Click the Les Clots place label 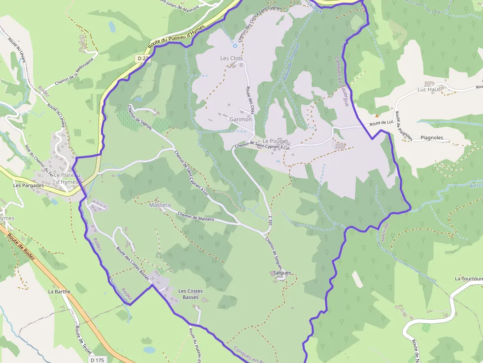231,58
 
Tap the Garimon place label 241,119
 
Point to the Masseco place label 160,204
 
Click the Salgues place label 282,272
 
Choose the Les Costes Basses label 190,294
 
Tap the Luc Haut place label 428,90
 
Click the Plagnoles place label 432,138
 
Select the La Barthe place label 59,291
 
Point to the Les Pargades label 29,186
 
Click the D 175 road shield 98,360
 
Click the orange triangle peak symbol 377,115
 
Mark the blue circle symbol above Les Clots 235,46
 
